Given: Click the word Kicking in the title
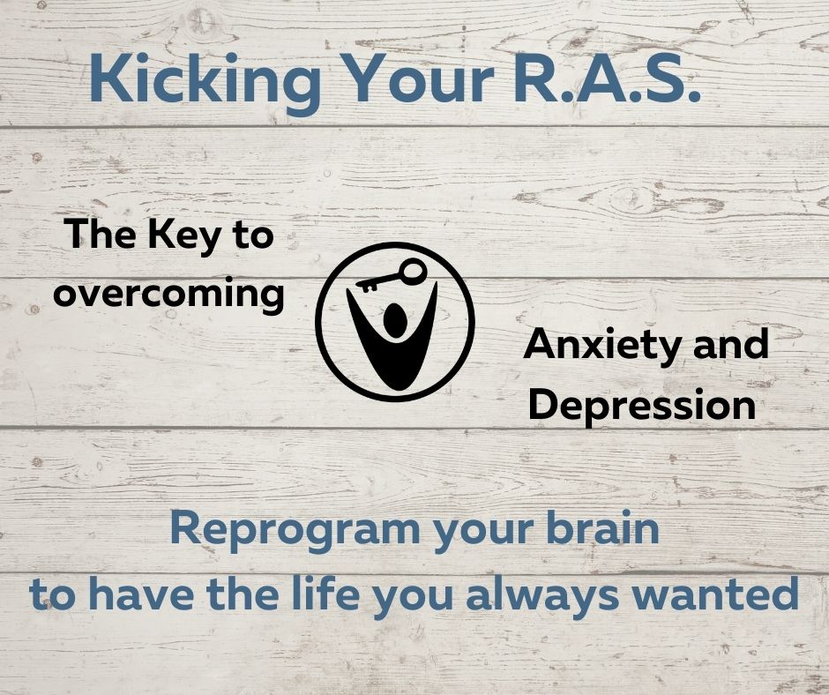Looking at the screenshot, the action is (205, 80).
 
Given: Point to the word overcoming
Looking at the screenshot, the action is (168, 294).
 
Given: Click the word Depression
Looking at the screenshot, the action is (643, 406).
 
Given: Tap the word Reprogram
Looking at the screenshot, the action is (295, 531).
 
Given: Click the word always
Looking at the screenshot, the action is (542, 594).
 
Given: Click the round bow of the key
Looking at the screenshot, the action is (413, 272).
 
